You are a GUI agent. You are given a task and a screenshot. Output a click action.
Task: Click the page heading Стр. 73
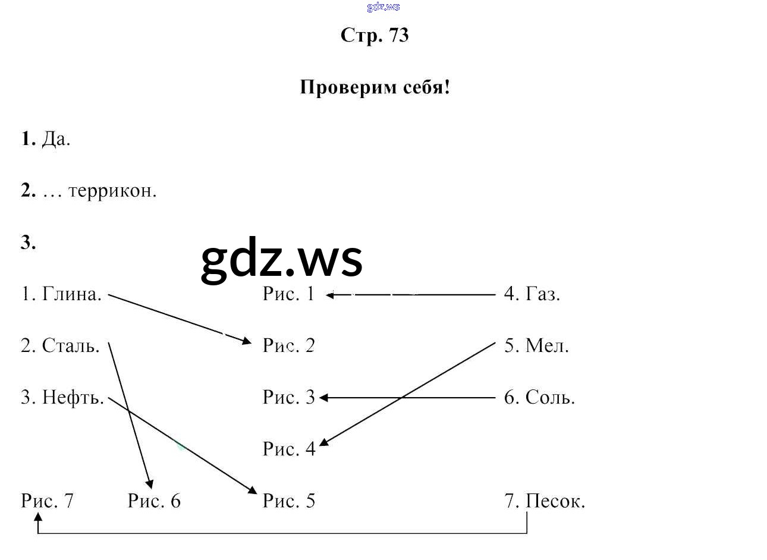coord(375,35)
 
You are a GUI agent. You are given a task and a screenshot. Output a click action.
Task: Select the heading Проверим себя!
coord(375,87)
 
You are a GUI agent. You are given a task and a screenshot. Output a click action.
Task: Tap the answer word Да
coord(56,139)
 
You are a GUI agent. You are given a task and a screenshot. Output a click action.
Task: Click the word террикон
coord(112,191)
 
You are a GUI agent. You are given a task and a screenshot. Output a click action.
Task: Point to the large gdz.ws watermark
coord(281,260)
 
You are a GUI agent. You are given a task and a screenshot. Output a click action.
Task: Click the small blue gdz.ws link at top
coord(383,7)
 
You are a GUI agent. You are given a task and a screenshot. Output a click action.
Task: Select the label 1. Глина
coord(61,294)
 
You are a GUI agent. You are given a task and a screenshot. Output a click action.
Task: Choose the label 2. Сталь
coord(60,345)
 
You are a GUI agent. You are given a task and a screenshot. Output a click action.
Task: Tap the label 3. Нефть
coord(62,397)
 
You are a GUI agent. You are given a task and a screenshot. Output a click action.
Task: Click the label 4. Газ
coord(532,294)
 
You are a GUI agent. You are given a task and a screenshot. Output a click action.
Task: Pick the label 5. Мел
coord(536,345)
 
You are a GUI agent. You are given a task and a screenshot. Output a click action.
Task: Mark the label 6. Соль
coord(539,397)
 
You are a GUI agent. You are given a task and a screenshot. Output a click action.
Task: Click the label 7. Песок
coord(545,501)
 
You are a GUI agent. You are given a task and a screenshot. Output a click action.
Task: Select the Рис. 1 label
coord(288,294)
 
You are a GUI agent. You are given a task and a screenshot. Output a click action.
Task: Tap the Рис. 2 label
coord(288,345)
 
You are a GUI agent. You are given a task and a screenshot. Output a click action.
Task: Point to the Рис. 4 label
coord(289,449)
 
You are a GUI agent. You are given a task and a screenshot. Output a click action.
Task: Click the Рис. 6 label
coord(154,501)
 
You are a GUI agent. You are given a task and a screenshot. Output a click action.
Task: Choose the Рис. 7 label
coord(47,501)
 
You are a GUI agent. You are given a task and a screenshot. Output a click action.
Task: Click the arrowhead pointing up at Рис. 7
coord(38,518)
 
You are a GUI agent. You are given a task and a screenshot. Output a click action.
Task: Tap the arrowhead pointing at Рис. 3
coord(324,398)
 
